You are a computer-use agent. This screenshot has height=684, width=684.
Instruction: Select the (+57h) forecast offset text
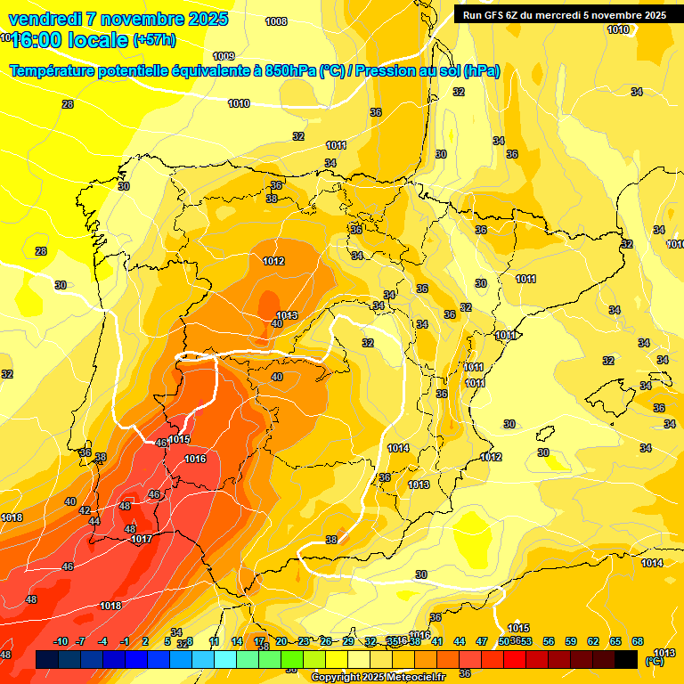pos(154,40)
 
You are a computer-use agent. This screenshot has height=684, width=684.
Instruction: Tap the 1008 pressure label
pos(276,21)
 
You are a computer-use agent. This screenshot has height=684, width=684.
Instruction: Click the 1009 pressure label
pos(224,56)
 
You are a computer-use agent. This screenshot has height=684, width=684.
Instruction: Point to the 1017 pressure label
pos(141,539)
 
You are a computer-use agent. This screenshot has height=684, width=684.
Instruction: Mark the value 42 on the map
pos(85,510)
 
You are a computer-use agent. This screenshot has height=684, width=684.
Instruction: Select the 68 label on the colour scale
pos(638,641)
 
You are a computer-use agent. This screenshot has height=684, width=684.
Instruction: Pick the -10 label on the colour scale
pos(61,641)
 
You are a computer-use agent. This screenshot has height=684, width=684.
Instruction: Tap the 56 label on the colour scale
pos(549,641)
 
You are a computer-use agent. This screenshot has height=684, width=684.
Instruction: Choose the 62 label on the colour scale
pos(593,641)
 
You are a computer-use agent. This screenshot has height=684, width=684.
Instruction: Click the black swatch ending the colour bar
pos(626,659)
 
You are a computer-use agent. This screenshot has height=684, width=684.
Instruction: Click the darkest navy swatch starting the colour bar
pos(46,659)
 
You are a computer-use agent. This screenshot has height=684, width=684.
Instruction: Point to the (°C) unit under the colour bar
pos(654,661)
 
